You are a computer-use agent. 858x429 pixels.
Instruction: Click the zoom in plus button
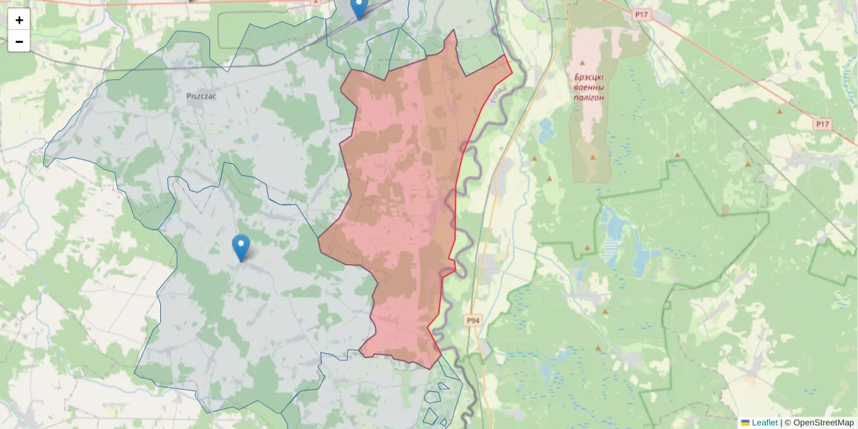tap(19, 20)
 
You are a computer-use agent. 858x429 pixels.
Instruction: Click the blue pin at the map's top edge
tap(359, 7)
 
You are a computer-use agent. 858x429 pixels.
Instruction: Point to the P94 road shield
tap(473, 320)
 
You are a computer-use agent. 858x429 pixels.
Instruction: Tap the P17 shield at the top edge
tap(641, 14)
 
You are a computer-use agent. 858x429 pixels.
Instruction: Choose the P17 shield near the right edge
tap(823, 124)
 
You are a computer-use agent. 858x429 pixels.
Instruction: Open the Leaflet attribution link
tap(764, 423)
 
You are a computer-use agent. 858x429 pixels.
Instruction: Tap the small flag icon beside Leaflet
tap(745, 423)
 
